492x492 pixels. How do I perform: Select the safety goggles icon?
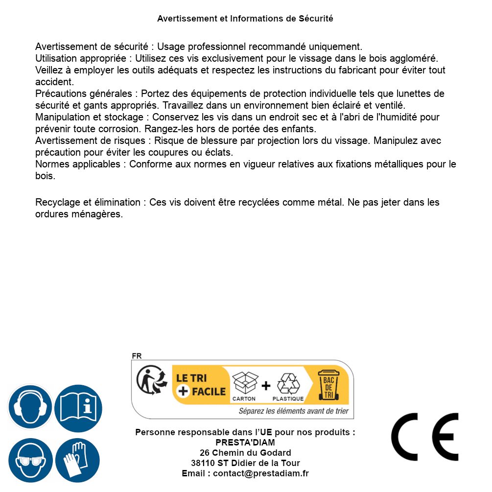(30, 461)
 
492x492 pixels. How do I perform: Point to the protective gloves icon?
(78, 461)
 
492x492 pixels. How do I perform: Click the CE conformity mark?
(425, 437)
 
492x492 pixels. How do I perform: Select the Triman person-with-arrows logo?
(151, 380)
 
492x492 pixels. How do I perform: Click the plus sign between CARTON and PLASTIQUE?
(266, 386)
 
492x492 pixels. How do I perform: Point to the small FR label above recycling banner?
(137, 356)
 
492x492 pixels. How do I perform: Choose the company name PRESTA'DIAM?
(245, 443)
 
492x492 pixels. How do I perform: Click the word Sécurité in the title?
(316, 19)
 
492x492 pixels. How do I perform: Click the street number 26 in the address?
(205, 453)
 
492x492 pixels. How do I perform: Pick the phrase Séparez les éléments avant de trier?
(294, 411)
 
